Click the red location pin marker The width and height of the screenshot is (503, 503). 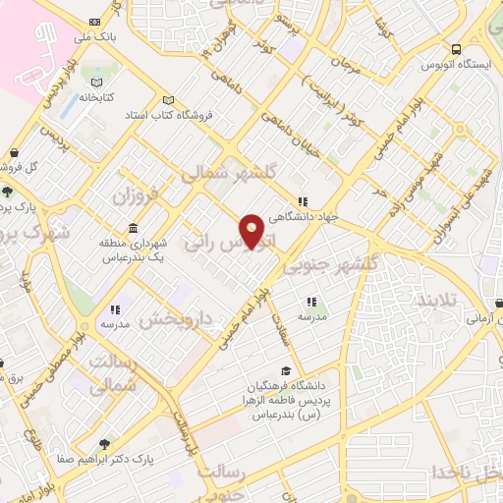(252, 231)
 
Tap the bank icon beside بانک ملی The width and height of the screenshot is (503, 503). (93, 22)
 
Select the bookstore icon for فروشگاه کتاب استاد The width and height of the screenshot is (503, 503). (168, 99)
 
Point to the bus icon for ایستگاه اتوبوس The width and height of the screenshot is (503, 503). (456, 49)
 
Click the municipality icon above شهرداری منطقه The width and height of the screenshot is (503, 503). (133, 228)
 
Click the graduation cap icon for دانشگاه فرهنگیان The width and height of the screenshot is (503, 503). (285, 370)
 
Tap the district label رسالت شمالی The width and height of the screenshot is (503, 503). (113, 374)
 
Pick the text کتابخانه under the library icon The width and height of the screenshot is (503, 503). (96, 99)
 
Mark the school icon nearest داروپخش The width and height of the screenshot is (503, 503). (116, 308)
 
